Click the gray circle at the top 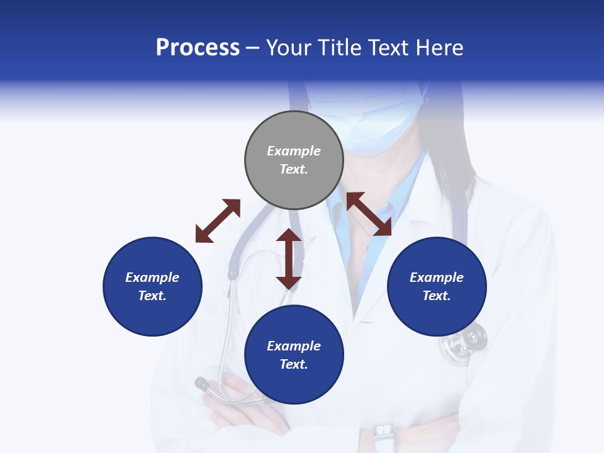[294, 160]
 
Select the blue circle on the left [152, 286]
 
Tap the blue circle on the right [437, 286]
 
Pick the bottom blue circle [294, 355]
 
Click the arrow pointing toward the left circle [218, 221]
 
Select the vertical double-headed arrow [289, 259]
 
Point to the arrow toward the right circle [369, 214]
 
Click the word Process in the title [198, 48]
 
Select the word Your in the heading [290, 48]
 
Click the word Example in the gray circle [294, 151]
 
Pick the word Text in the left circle [152, 296]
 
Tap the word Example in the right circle [437, 277]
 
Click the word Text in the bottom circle [294, 364]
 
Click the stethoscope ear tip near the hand [202, 383]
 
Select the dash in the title [253, 48]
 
